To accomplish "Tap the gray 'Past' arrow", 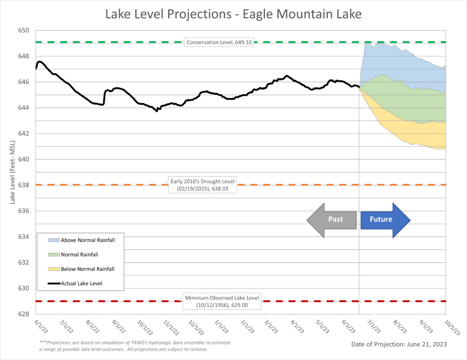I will pos(332,219).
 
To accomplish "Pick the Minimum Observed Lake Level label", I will pos(222,301).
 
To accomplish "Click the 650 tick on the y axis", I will pos(23,31).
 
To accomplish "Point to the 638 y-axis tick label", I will pos(23,185).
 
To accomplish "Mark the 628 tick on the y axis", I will pos(23,314).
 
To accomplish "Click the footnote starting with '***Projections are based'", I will pos(128,345).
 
